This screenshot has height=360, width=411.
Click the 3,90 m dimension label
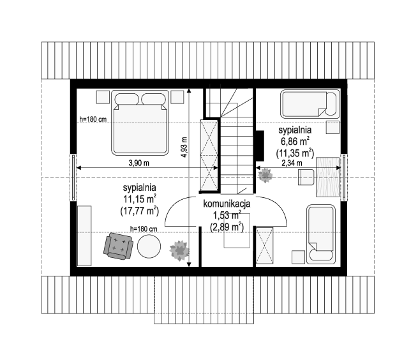pyautogui.click(x=138, y=163)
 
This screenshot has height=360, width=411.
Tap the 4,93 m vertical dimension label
pyautogui.click(x=184, y=147)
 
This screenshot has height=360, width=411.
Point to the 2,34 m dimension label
pyautogui.click(x=292, y=163)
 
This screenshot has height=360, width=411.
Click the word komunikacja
pyautogui.click(x=227, y=204)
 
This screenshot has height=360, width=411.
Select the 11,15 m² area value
pyautogui.click(x=140, y=199)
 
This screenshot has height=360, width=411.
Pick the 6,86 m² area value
pyautogui.click(x=295, y=141)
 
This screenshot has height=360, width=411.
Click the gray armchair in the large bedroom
pyautogui.click(x=118, y=246)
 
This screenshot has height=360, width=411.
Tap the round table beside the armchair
pyautogui.click(x=149, y=246)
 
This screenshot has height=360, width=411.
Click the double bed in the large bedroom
pyautogui.click(x=140, y=123)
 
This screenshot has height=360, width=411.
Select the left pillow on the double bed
pyautogui.click(x=127, y=99)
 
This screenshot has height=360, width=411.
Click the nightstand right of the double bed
pyautogui.click(x=177, y=97)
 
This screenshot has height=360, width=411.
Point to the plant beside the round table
pyautogui.click(x=179, y=250)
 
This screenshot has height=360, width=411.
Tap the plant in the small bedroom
pyautogui.click(x=265, y=176)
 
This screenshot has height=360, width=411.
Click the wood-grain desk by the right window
pyautogui.click(x=327, y=177)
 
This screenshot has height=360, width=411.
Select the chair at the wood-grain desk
pyautogui.click(x=306, y=177)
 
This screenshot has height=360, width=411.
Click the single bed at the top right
pyautogui.click(x=310, y=104)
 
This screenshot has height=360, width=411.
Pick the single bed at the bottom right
pyautogui.click(x=321, y=234)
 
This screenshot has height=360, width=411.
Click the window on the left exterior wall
pyautogui.click(x=73, y=177)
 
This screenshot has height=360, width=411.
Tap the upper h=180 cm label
pyautogui.click(x=93, y=119)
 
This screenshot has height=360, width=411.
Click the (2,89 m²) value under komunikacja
pyautogui.click(x=227, y=227)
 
